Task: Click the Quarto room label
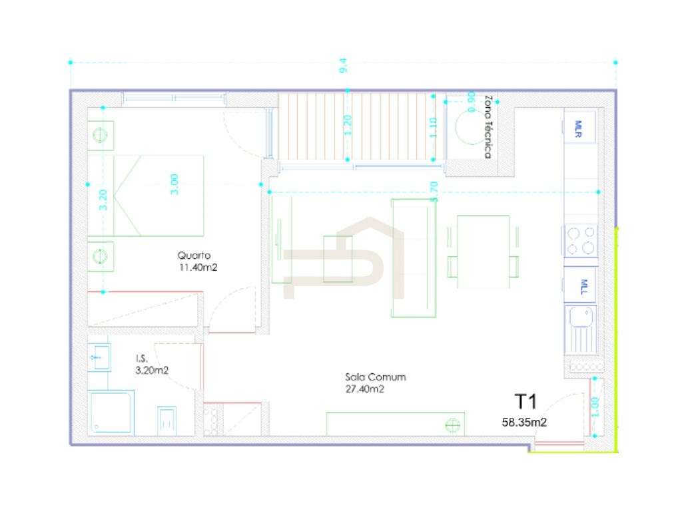[x=194, y=255]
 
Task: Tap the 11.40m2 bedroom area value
[x=198, y=267]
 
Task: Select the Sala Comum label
[x=375, y=377]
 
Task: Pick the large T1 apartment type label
[x=525, y=401]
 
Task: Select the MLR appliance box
[x=579, y=125]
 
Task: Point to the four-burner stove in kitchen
[x=580, y=240]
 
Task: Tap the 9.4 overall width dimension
[x=344, y=66]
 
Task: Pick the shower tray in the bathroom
[x=111, y=413]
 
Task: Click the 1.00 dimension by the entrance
[x=595, y=407]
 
